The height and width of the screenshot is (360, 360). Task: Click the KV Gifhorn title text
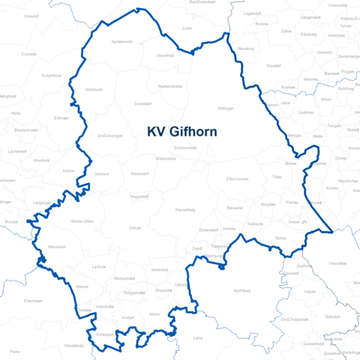[182, 132]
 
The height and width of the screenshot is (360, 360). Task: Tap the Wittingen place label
[226, 108]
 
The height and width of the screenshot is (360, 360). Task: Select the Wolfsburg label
[241, 289]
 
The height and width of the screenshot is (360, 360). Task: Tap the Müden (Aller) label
[82, 222]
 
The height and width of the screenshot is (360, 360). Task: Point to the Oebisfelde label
[337, 263]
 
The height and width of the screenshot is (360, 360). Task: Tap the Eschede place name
[29, 54]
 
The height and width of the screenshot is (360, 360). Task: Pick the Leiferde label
[98, 266]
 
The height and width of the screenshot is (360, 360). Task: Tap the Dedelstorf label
[142, 103]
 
